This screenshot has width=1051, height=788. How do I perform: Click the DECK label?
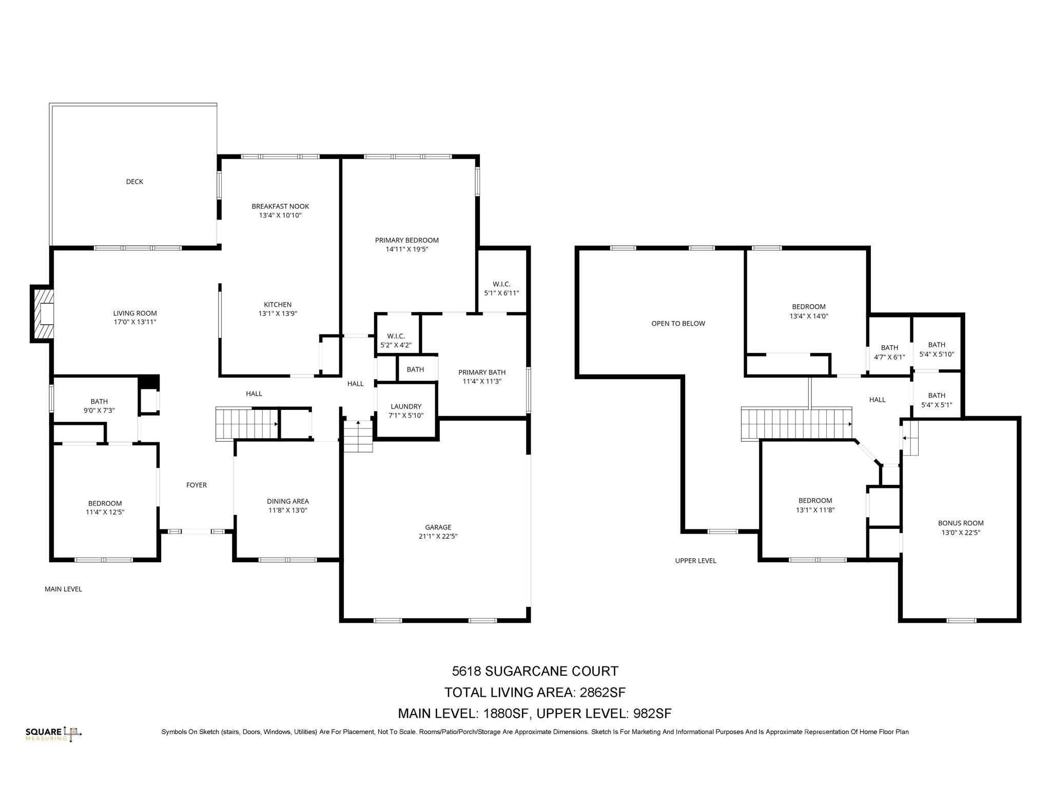coord(134,182)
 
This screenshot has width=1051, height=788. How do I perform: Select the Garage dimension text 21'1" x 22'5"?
coord(438,537)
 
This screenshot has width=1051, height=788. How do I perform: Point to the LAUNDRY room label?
coord(406,406)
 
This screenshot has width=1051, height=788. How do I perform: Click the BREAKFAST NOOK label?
coord(280,206)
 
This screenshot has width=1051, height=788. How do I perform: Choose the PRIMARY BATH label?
coord(482,372)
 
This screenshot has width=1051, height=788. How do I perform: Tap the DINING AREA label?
coord(288,501)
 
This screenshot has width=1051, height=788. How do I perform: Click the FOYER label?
coord(197,485)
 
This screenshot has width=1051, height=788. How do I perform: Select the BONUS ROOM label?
coord(961,523)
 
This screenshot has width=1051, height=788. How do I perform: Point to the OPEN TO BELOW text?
coord(678,323)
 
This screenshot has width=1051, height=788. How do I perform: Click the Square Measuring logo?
coord(54,734)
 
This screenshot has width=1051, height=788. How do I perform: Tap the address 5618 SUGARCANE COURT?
coord(535,671)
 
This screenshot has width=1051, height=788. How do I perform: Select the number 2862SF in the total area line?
coord(602,693)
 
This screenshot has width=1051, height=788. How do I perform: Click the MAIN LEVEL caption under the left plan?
coord(63,589)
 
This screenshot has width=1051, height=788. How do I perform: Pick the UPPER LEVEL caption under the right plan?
coord(695,561)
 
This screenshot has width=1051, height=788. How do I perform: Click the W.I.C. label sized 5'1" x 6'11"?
coord(501,289)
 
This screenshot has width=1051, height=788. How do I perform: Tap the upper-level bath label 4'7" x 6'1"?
coord(889,352)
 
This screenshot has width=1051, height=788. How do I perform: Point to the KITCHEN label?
coord(278,305)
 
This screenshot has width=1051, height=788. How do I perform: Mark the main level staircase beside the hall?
coord(247,424)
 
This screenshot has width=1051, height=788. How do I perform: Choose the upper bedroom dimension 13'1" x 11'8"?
coord(815,510)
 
